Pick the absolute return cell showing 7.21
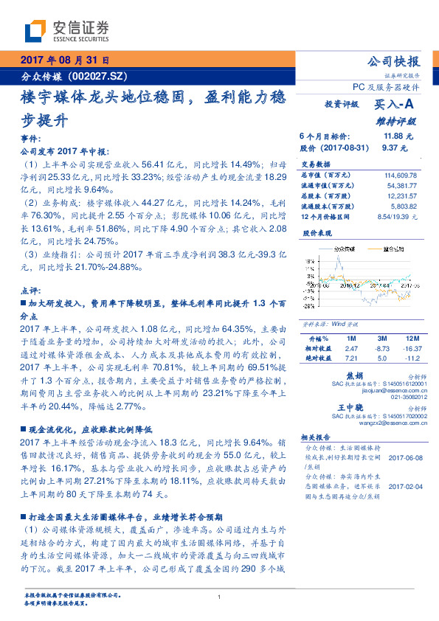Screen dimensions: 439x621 click(351, 357)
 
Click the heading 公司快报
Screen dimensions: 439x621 click(394, 61)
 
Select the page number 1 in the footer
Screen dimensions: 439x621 click(219, 597)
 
